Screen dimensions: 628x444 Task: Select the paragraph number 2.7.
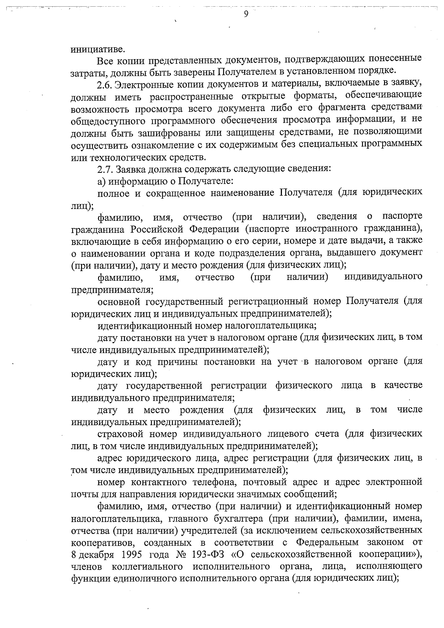point(104,169)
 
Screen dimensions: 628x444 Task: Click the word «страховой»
point(120,434)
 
